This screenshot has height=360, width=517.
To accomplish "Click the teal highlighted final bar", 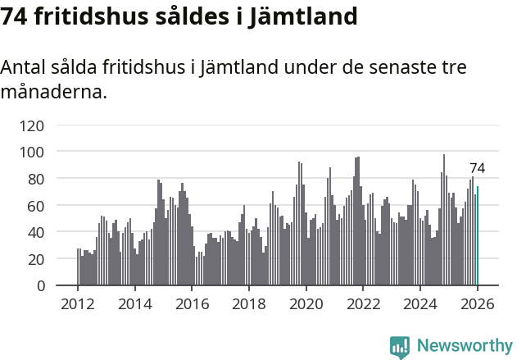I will pos(478,236).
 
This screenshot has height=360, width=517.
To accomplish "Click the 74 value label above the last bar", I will pos(477,168).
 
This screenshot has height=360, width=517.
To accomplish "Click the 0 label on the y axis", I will pos(39,285).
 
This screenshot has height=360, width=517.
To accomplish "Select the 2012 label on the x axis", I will pos(78,303).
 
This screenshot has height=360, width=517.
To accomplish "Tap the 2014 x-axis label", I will pos(135,303).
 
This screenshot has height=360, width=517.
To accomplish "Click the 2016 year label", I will pos(192,303).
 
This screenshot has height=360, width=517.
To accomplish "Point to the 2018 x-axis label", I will pos(249,303).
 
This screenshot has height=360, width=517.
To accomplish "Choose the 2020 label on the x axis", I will pos(306,303).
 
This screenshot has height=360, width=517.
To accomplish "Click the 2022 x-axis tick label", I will pos(363,303).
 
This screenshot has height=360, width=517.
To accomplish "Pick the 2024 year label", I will pos(420,303).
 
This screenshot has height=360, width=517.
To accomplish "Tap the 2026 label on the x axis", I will pos(478,303).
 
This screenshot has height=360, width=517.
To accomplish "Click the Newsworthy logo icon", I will pos(400,347).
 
